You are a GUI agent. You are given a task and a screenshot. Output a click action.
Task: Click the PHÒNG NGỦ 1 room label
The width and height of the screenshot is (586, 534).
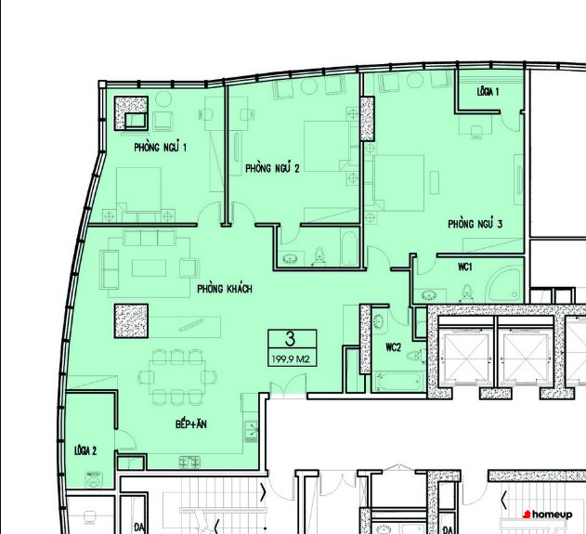point(160,147)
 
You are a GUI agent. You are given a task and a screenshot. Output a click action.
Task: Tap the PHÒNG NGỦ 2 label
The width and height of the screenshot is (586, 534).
point(272,168)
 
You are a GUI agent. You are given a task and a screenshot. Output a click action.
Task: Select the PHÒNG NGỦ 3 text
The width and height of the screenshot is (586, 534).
point(475,224)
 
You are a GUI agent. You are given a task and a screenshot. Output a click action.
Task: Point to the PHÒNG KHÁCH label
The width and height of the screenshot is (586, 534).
point(225,289)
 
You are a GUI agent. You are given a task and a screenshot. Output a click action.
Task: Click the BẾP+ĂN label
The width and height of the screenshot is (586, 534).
point(191,424)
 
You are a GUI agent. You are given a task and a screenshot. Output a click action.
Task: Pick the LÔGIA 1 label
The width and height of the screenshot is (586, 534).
point(488,92)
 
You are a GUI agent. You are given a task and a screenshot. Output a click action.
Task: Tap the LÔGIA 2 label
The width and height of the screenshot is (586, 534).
point(85,450)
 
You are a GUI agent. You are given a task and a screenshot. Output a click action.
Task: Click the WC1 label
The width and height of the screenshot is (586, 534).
point(465,267)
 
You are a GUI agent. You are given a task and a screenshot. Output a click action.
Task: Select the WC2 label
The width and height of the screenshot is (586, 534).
point(393,347)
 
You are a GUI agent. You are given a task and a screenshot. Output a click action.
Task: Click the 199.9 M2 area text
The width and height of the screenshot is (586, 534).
point(291,359)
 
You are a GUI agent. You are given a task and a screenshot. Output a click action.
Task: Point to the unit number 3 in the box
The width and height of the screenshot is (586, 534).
point(290,339)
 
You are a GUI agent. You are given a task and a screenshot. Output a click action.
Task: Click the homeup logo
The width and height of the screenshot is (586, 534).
point(548,514)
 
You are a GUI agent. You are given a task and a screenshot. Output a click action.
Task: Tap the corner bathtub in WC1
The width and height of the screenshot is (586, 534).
point(504,285)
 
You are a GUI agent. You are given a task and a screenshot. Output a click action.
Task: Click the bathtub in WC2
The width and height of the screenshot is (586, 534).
point(398,382)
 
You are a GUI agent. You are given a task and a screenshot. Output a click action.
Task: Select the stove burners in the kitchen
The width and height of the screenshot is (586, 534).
point(189,462)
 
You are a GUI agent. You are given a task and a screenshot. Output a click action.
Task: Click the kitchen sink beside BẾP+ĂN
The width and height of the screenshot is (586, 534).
point(251,431)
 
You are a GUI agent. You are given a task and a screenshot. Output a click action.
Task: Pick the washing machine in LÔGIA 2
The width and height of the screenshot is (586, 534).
point(94,480)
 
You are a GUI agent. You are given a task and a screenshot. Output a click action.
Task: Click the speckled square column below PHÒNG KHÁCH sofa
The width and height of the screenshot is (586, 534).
point(131,321)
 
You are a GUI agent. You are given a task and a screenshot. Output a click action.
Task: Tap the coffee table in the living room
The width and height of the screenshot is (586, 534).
point(149,268)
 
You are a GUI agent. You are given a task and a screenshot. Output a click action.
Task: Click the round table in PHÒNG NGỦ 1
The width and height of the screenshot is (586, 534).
point(163,99)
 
